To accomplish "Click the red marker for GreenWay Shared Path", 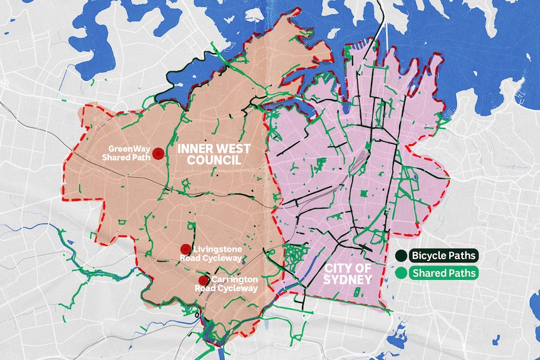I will click(158, 153).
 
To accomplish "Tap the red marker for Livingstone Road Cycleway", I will click(185, 249).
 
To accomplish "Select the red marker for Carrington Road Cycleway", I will click(203, 280).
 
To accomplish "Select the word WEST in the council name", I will click(232, 149).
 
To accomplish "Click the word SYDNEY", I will click(348, 279).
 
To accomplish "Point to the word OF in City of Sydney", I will click(364, 267).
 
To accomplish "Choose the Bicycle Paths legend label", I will click(444, 255).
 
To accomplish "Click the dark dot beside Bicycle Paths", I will click(400, 255).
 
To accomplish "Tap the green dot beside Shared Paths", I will click(400, 273).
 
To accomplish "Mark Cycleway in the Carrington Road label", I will click(236, 289).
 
